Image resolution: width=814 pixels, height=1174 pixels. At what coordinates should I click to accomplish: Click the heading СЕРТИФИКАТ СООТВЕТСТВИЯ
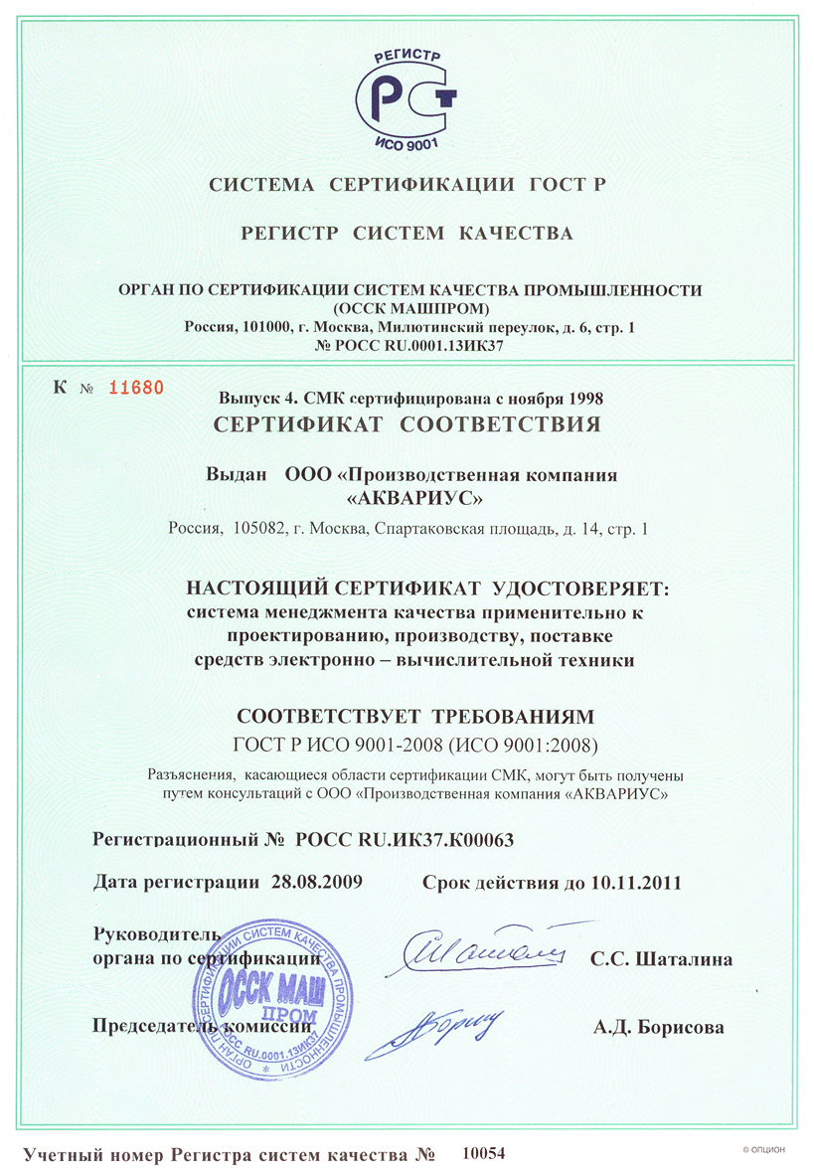tap(407, 424)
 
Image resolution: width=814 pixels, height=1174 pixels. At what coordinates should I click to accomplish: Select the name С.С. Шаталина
tap(661, 959)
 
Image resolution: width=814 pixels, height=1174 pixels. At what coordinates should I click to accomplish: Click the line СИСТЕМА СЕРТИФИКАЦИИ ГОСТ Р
tap(407, 184)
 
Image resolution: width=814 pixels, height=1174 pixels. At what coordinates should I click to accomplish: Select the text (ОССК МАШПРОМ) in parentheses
tap(407, 307)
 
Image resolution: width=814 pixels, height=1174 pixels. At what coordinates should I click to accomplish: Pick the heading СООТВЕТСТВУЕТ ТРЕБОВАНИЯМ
tap(411, 717)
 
